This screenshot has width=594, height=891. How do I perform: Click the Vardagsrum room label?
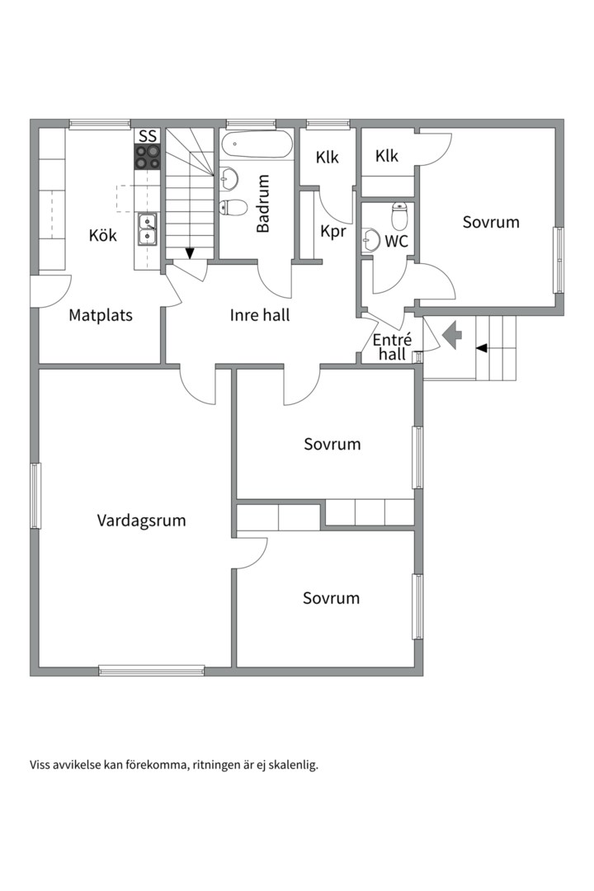tap(142, 521)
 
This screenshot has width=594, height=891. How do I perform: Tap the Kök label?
tap(103, 234)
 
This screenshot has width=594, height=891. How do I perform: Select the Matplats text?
tap(101, 315)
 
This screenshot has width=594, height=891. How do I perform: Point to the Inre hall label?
tap(260, 315)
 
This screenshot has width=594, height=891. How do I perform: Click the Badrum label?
tap(262, 204)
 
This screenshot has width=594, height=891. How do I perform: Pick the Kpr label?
tap(333, 232)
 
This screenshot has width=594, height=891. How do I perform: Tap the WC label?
tap(396, 242)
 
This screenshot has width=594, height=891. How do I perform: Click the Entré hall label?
tap(392, 347)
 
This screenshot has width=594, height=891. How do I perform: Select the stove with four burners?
tap(148, 157)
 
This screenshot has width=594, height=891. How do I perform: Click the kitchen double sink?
tap(148, 229)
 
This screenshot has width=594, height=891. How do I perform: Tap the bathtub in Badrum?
tap(257, 145)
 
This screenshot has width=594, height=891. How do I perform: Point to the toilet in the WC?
tap(400, 215)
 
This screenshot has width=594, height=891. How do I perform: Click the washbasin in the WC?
tap(370, 240)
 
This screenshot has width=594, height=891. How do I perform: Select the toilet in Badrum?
tap(233, 207)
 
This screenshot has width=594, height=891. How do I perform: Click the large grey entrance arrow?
tap(452, 335)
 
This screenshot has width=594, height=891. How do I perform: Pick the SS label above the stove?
tap(148, 136)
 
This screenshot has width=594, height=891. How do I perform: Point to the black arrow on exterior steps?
tap(482, 348)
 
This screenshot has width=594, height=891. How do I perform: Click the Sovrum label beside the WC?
tap(491, 222)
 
